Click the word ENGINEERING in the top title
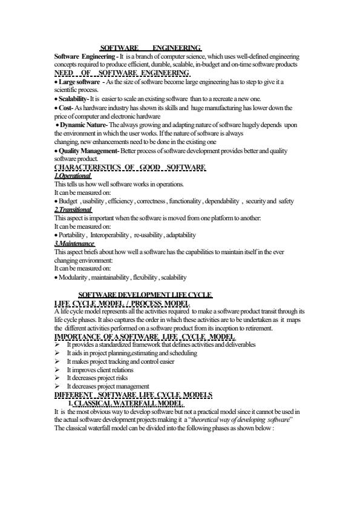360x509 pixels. [176, 47]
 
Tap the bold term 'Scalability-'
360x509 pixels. [73, 98]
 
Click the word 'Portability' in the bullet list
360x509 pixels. [71, 234]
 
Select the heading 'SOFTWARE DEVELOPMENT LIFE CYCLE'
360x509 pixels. [146, 295]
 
